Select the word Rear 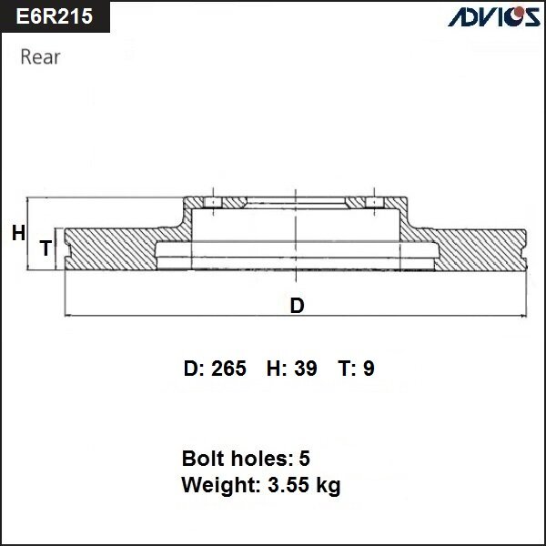point(40,57)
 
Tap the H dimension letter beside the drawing point(18,234)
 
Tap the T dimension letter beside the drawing point(44,248)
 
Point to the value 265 point(228,369)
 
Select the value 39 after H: point(307,369)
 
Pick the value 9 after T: point(369,369)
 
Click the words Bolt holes point(233,458)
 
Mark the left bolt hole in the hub point(209,202)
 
